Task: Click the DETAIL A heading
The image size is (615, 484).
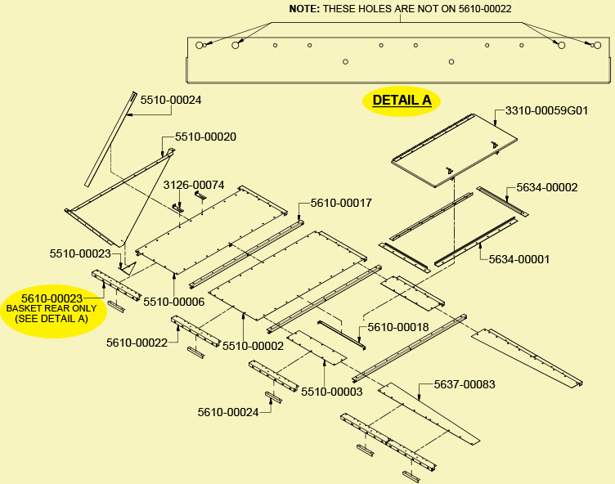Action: click(x=402, y=101)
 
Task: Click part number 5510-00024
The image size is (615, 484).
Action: click(x=171, y=100)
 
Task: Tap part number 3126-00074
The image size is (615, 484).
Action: click(x=194, y=185)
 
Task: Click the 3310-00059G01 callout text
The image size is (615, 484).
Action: click(x=546, y=110)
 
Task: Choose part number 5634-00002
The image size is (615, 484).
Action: click(x=546, y=187)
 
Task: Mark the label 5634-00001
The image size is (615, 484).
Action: click(x=519, y=259)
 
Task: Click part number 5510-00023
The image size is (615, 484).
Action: click(x=80, y=253)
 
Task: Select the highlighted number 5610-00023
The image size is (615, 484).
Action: click(x=52, y=298)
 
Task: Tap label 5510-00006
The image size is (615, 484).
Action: click(x=173, y=302)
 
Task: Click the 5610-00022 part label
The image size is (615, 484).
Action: click(x=137, y=343)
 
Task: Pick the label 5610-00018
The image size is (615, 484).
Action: click(x=398, y=327)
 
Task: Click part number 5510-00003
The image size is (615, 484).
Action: click(x=331, y=392)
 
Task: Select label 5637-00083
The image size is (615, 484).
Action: click(x=465, y=383)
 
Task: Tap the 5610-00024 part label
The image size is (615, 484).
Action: click(x=228, y=412)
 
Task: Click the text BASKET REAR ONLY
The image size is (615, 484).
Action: click(x=52, y=308)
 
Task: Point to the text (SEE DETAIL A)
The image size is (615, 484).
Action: click(x=52, y=318)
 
